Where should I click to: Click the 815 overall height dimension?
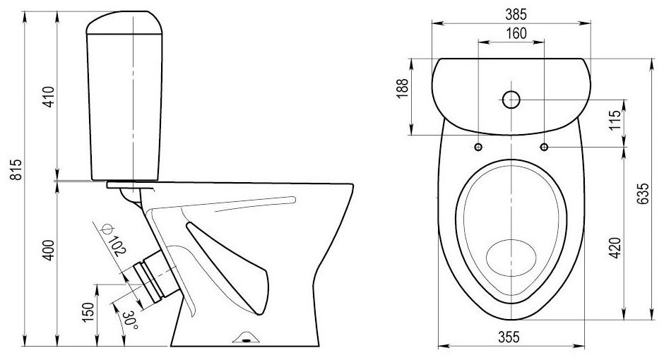[16, 169]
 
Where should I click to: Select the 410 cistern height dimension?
[49, 97]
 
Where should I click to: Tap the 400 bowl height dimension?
[49, 250]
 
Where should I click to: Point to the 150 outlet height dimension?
[88, 312]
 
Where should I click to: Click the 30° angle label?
[129, 320]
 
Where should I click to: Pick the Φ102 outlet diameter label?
[113, 240]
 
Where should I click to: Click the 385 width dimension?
[516, 14]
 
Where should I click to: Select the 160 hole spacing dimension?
[516, 33]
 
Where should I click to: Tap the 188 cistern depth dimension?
[403, 88]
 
